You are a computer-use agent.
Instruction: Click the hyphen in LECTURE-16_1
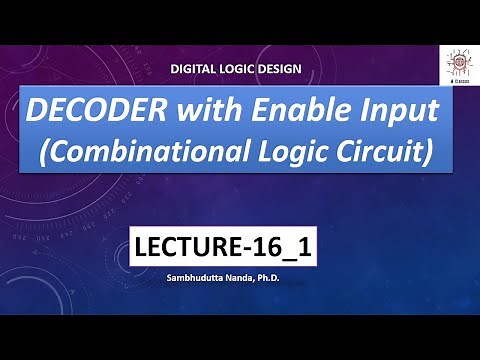point(252,249)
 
